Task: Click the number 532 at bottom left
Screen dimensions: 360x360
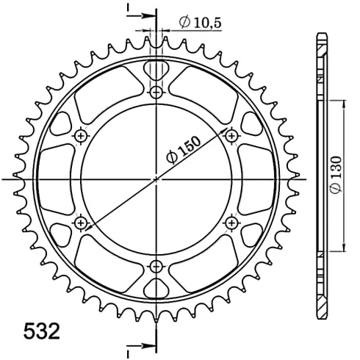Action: pyautogui.click(x=42, y=331)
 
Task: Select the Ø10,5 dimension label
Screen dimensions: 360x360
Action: pyautogui.click(x=200, y=22)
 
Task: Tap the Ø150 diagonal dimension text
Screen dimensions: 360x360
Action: pyautogui.click(x=183, y=149)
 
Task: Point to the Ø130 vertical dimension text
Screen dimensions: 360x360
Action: pyautogui.click(x=336, y=174)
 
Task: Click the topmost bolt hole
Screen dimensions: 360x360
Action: pyautogui.click(x=156, y=93)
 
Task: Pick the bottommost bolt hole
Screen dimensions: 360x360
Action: pyautogui.click(x=156, y=267)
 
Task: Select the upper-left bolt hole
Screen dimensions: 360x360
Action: pyautogui.click(x=81, y=136)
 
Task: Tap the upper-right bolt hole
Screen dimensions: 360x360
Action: pyautogui.click(x=231, y=136)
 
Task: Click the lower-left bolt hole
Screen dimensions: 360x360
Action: pyautogui.click(x=81, y=223)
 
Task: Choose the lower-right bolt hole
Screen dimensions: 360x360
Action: pyautogui.click(x=231, y=223)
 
